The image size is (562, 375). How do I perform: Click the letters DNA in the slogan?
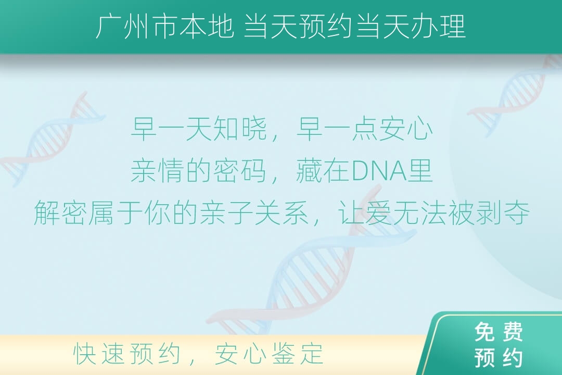379,171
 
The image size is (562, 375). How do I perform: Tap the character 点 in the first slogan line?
365,129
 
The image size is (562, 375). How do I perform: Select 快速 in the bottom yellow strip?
96,354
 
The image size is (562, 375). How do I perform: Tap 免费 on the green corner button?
499,332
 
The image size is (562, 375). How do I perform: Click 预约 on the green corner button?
499,357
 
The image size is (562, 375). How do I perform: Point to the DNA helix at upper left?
54,140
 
